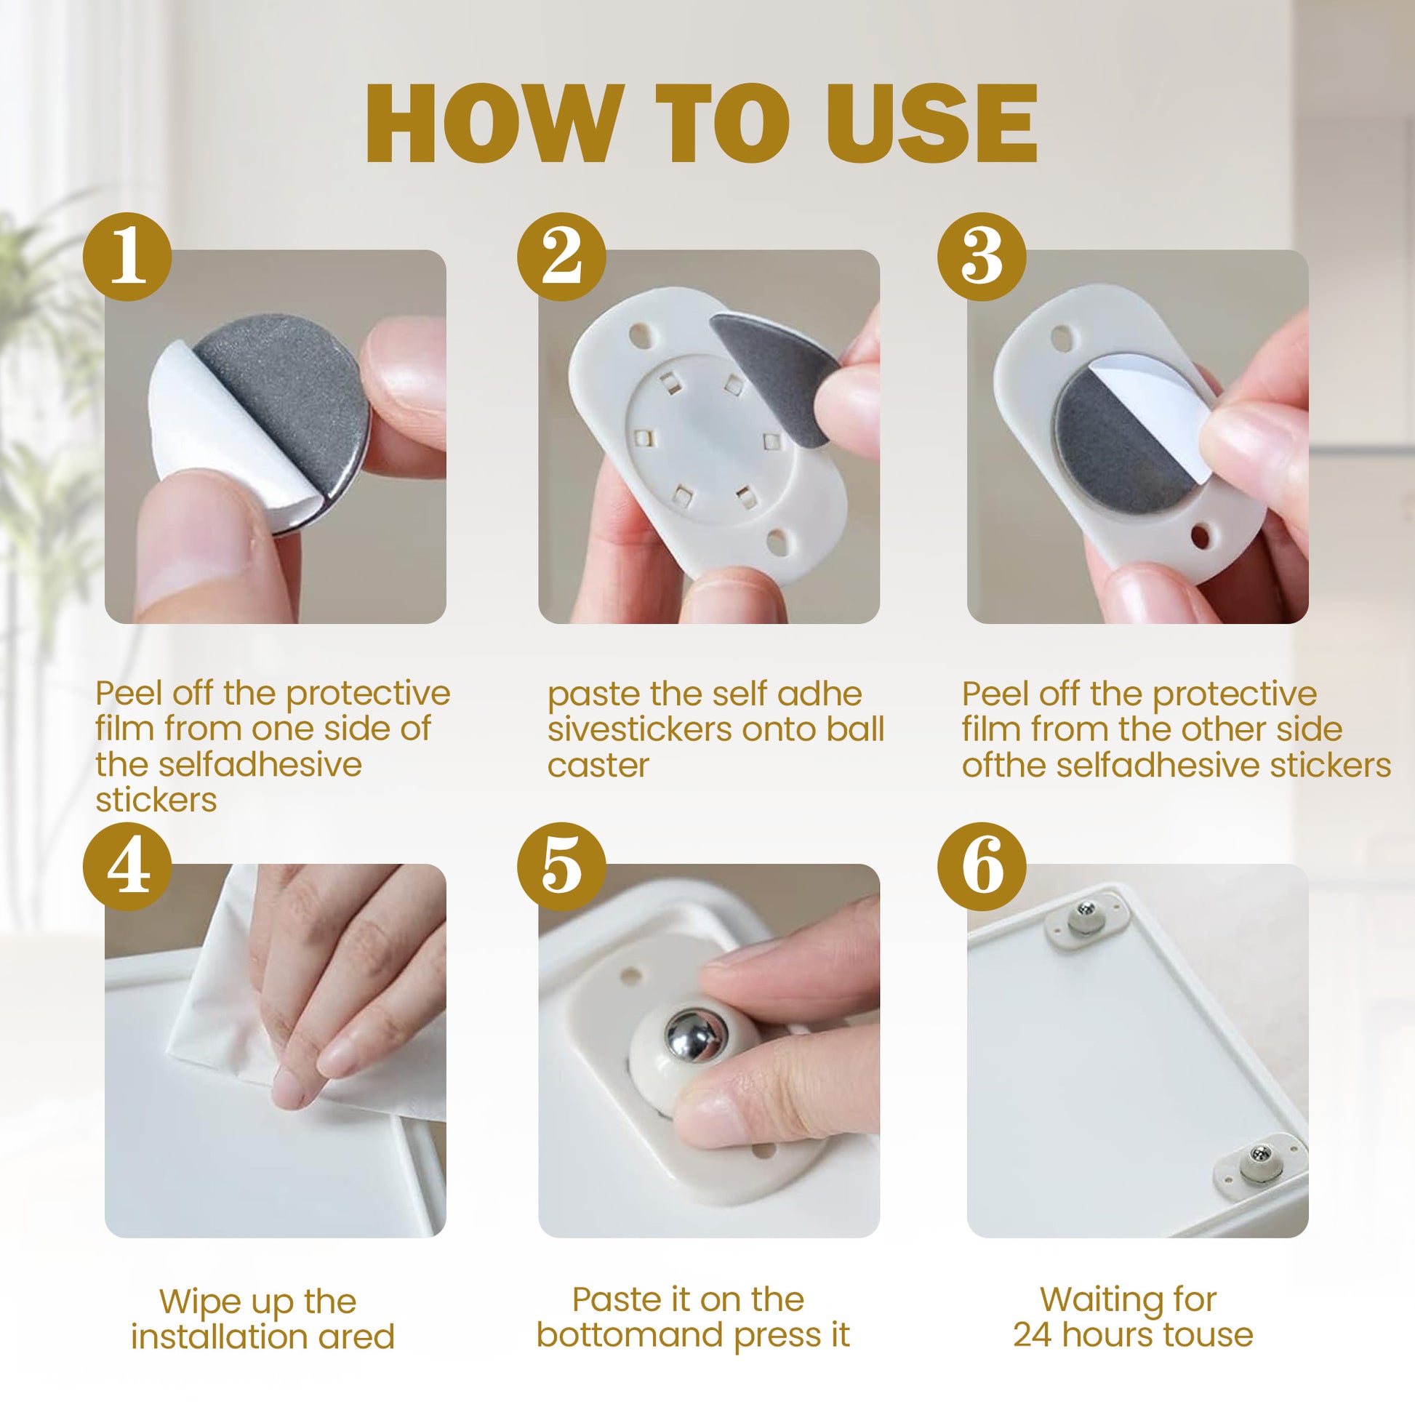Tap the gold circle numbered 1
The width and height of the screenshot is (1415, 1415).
point(127,257)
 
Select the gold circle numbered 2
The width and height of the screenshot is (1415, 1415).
point(561,257)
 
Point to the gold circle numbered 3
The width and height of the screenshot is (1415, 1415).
point(982,257)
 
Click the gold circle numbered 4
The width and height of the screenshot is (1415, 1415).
point(127,867)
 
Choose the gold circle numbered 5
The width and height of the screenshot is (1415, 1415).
point(561,867)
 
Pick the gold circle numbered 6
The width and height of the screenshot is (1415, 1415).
point(982,867)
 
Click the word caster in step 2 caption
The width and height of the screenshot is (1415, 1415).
point(598,766)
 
